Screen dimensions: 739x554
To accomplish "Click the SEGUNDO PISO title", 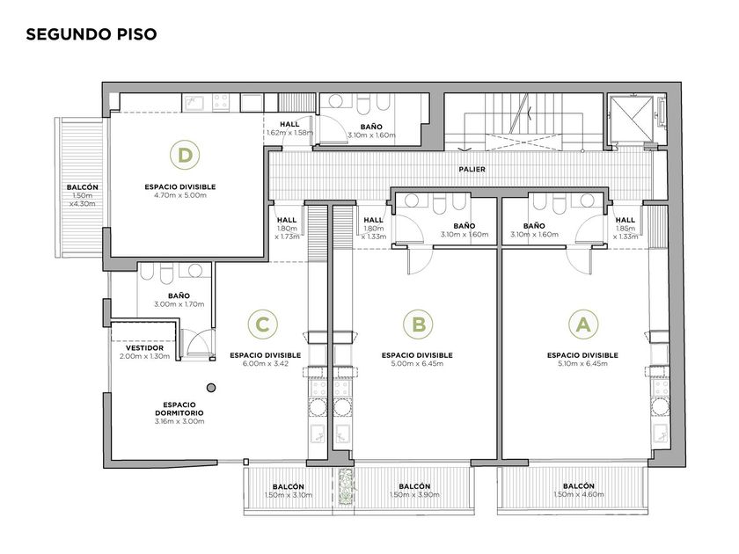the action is coord(91,34).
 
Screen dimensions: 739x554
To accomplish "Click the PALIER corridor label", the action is coord(472,169).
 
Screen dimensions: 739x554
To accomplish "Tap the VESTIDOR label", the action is coord(144,348).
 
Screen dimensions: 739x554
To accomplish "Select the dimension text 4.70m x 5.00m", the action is coord(180,195).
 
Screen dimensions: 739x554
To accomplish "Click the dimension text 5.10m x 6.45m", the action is coord(582,364).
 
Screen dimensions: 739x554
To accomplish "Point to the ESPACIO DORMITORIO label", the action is coord(179,409).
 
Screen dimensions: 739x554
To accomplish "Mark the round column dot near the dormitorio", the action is coord(212,388).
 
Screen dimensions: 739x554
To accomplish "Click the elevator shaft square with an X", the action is coord(631,119).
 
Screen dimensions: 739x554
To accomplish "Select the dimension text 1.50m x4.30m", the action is coord(83,200).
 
